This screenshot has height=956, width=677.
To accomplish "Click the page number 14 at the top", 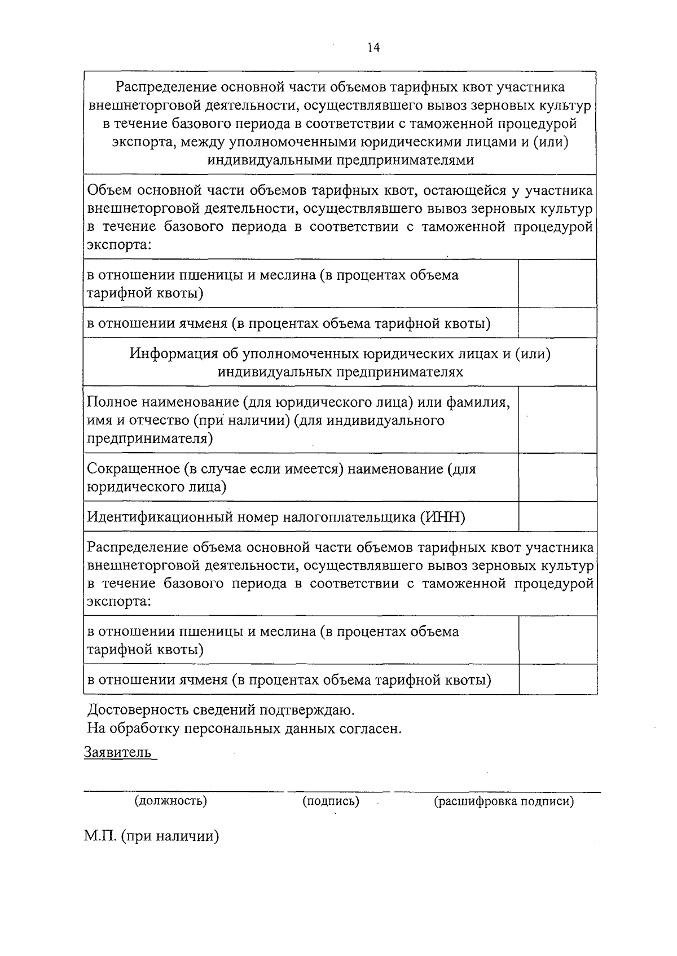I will coord(373,48).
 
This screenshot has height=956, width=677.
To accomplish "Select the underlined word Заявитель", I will coord(118,752).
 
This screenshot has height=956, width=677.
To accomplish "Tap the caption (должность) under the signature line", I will coord(170,800).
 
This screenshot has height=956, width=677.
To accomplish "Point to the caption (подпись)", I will coord(331,800).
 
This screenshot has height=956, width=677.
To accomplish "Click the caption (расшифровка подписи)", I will coord(504,800).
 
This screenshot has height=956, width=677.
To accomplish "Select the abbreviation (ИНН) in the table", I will coord(442,517).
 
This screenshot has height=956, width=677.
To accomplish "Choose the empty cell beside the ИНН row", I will coord(557,516).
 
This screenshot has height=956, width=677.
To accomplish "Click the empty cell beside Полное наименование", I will coord(557,420).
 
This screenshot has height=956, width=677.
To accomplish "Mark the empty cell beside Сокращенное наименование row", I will coord(557,477).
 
